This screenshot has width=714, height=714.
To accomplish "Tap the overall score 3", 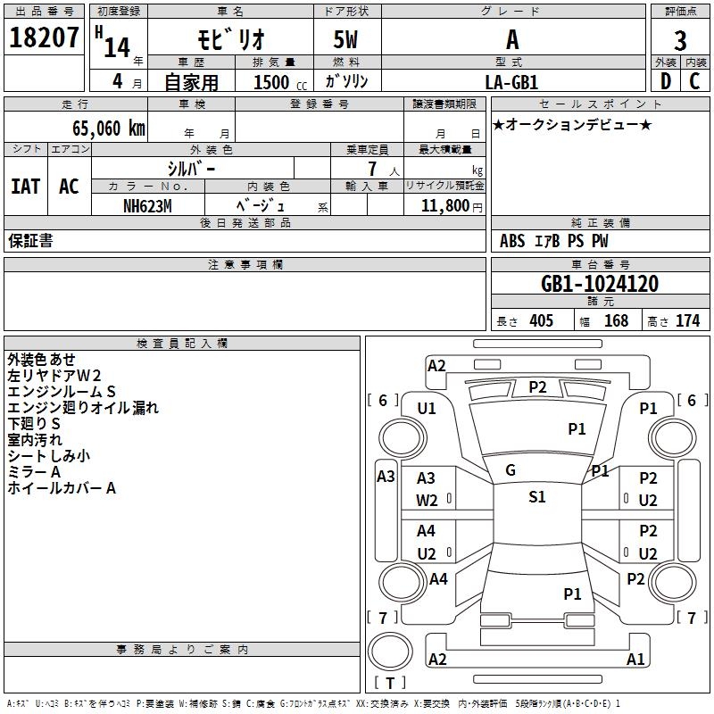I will (x=680, y=40).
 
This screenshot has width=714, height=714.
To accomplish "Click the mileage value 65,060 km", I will (x=103, y=129).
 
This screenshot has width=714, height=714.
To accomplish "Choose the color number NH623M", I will (x=147, y=205).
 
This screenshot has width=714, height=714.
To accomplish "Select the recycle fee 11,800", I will (x=444, y=205).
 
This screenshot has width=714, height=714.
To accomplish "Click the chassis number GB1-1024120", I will (x=600, y=285).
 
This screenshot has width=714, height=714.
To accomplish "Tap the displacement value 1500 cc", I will (x=272, y=82).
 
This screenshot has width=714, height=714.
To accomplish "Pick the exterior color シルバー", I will (x=191, y=168).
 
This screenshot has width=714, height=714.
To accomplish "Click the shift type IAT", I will (x=25, y=187).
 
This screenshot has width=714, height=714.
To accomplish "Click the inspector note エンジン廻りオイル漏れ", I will (x=82, y=408).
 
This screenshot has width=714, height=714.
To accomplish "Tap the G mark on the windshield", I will (x=511, y=470).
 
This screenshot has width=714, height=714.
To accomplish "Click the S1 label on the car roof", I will (x=537, y=497).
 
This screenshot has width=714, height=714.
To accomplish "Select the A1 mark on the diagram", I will (x=635, y=660).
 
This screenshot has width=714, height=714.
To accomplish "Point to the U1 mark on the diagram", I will (x=427, y=409).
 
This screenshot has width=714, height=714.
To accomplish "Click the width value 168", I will (x=616, y=320).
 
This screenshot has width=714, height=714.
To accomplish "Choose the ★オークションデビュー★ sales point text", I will (x=572, y=125).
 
